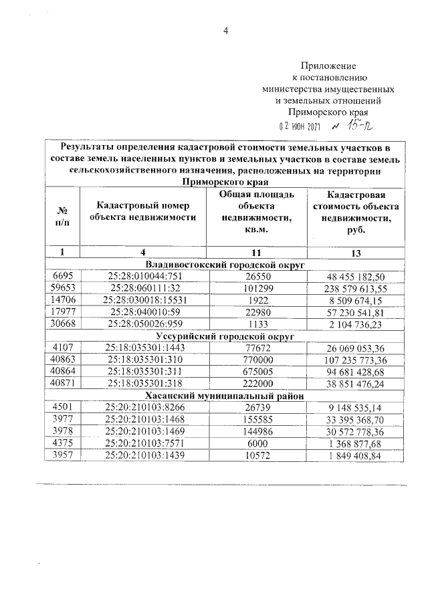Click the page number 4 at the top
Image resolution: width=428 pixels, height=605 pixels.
[225, 29]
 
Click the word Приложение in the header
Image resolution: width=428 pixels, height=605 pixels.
[328, 66]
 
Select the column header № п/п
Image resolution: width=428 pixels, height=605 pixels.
[62, 216]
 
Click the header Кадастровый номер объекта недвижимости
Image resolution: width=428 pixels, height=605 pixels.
[142, 211]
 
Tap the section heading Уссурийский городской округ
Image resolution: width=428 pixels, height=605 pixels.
[225, 336]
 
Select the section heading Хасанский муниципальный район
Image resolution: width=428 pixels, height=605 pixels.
[225, 396]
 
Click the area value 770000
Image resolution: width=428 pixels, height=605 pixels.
[257, 360]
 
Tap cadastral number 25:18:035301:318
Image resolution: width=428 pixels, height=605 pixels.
[142, 384]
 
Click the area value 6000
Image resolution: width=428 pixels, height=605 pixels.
[257, 444]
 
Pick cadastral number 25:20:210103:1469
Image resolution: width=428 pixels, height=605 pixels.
[142, 432]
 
